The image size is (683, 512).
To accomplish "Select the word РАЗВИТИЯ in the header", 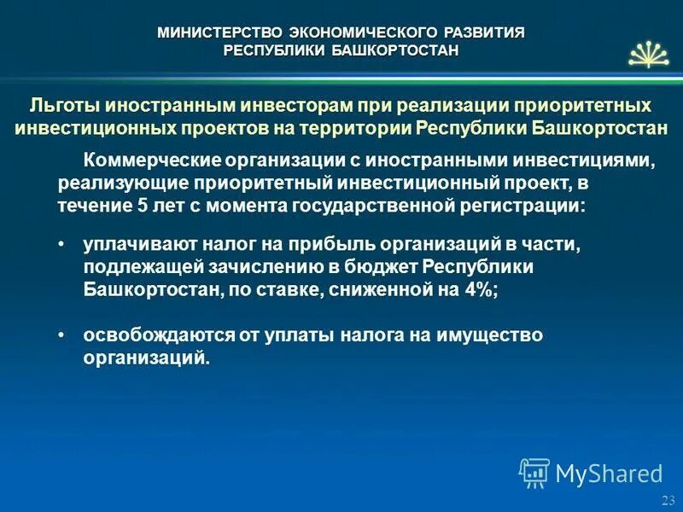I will [487, 32].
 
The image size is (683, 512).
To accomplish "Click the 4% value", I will [479, 289].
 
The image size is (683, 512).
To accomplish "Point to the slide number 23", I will [668, 500].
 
